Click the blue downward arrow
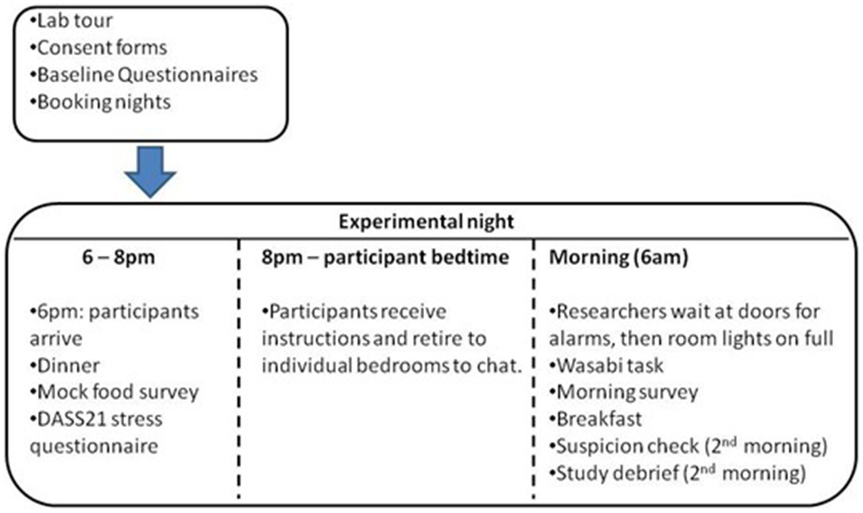click(x=150, y=172)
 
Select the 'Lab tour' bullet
click(x=71, y=20)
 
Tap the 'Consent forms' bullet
click(x=99, y=47)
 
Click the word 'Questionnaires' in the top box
click(x=188, y=75)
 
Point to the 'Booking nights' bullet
click(x=100, y=102)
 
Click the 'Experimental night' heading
click(x=426, y=222)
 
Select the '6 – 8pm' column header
click(x=119, y=257)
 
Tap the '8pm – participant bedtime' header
click(x=385, y=257)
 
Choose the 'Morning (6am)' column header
click(x=618, y=257)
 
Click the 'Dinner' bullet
click(x=65, y=366)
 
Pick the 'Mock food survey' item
click(x=114, y=392)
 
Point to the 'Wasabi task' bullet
click(x=606, y=366)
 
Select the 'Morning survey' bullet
click(x=624, y=392)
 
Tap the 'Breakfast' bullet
click(x=595, y=419)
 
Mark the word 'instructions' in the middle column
click(x=316, y=338)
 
